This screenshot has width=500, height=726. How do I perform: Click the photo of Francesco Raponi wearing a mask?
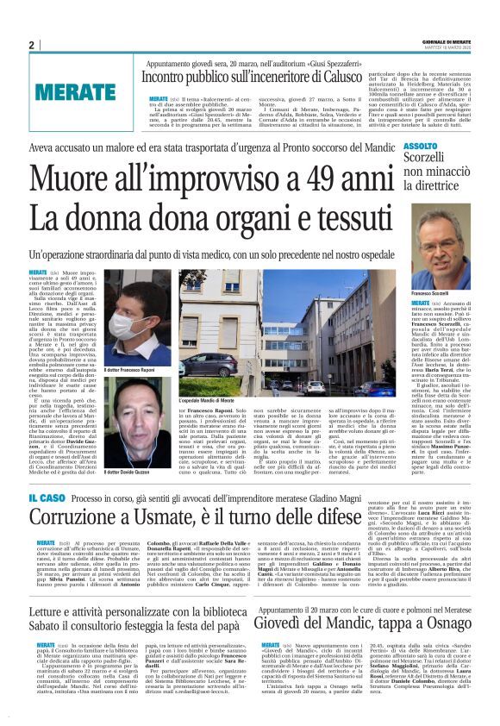[x=137, y=318]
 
